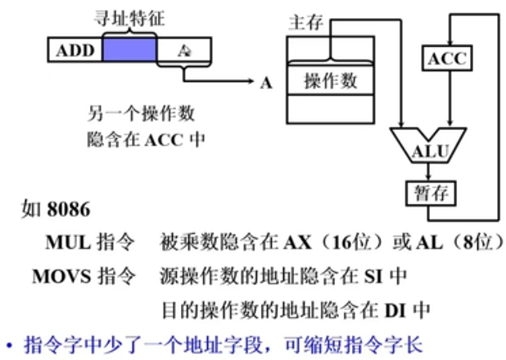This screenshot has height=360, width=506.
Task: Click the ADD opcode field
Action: pyautogui.click(x=75, y=51)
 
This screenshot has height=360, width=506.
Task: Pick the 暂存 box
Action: pyautogui.click(x=431, y=194)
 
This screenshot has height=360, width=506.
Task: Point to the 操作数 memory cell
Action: pyautogui.click(x=330, y=81)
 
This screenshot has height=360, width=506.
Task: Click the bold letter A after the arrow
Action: pyautogui.click(x=265, y=83)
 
